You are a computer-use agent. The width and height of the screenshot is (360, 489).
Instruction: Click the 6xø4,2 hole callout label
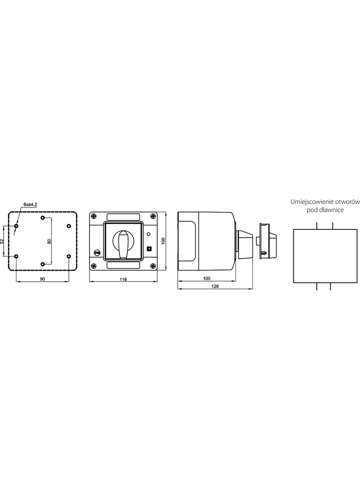click(31, 204)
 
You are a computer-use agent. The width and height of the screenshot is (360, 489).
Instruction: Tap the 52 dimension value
click(2, 241)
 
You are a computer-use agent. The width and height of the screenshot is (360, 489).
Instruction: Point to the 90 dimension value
click(42, 279)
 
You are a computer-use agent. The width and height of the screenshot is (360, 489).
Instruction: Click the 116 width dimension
click(124, 279)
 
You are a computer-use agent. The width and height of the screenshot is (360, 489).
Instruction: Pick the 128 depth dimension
click(215, 286)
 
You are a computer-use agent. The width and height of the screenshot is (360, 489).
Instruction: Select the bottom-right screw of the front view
click(152, 266)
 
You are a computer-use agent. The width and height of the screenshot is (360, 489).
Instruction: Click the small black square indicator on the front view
click(149, 249)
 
